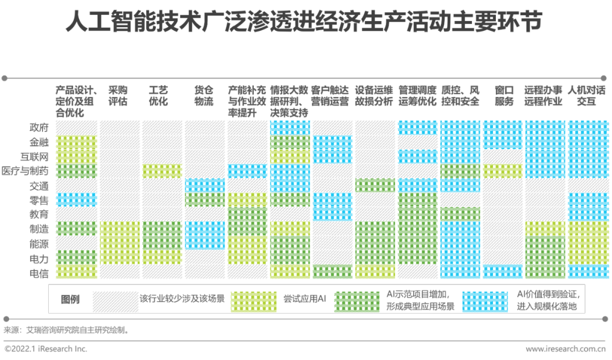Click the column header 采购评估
(x=118, y=96)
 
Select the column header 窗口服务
(x=504, y=96)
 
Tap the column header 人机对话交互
(x=586, y=96)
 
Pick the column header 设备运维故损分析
(x=374, y=96)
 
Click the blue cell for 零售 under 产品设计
(x=76, y=200)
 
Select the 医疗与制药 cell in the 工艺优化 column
(x=162, y=171)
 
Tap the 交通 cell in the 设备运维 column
(x=375, y=185)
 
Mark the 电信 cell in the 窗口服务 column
(x=503, y=272)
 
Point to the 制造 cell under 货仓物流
(x=205, y=228)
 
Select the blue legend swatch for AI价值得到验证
(x=485, y=302)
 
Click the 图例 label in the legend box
(x=70, y=299)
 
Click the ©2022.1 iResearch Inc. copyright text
(x=46, y=349)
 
